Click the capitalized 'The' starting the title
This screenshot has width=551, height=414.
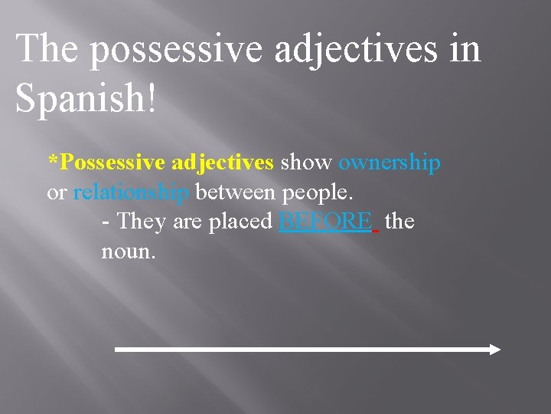[x=47, y=49]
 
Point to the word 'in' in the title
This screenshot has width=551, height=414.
[x=464, y=49]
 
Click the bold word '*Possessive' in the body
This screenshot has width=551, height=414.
[x=106, y=163]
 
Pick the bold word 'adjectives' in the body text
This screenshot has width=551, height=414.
[x=223, y=163]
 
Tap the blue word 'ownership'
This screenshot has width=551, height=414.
[x=389, y=163]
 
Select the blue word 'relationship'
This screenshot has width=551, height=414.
[x=131, y=192]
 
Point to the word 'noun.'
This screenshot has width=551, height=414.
[x=129, y=251]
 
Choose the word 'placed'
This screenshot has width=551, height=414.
[x=240, y=222]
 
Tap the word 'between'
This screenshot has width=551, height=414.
[x=237, y=192]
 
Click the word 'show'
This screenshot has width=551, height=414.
[x=306, y=163]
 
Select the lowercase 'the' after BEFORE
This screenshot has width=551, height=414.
[x=399, y=222]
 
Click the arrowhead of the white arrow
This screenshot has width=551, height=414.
[x=494, y=350]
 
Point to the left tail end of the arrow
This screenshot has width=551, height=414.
[x=117, y=350]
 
